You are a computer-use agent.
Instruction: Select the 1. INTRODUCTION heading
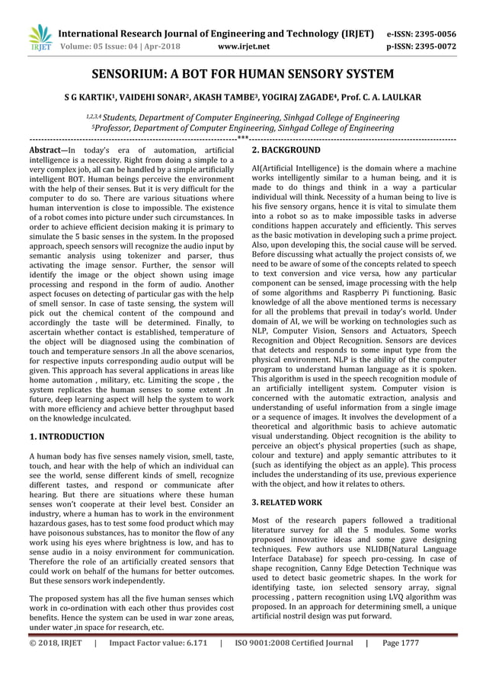point(66,437)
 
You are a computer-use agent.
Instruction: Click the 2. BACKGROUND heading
point(286,151)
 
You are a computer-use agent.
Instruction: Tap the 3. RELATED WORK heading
point(286,503)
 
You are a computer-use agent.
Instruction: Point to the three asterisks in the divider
point(243,139)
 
